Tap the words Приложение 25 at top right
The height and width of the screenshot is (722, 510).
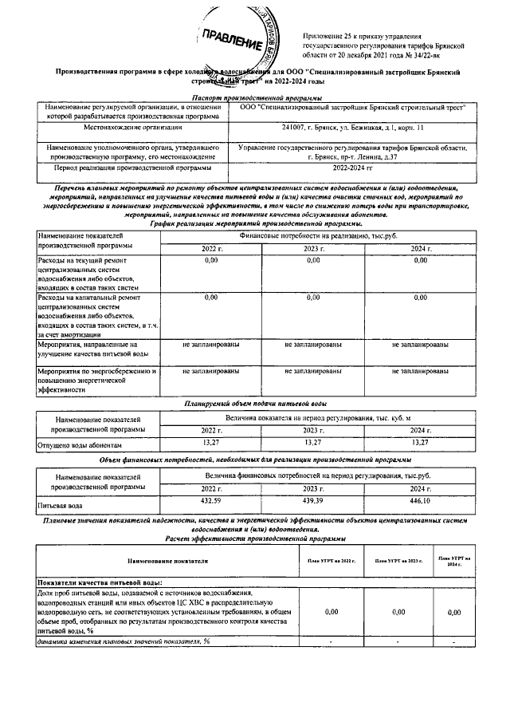coord(330,37)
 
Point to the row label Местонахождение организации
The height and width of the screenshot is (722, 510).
coord(131,128)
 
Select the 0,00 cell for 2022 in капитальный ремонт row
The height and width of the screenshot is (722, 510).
coord(211,297)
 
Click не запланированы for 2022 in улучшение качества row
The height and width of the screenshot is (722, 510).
coord(211,345)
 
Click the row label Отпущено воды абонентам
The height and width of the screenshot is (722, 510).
coord(80,444)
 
